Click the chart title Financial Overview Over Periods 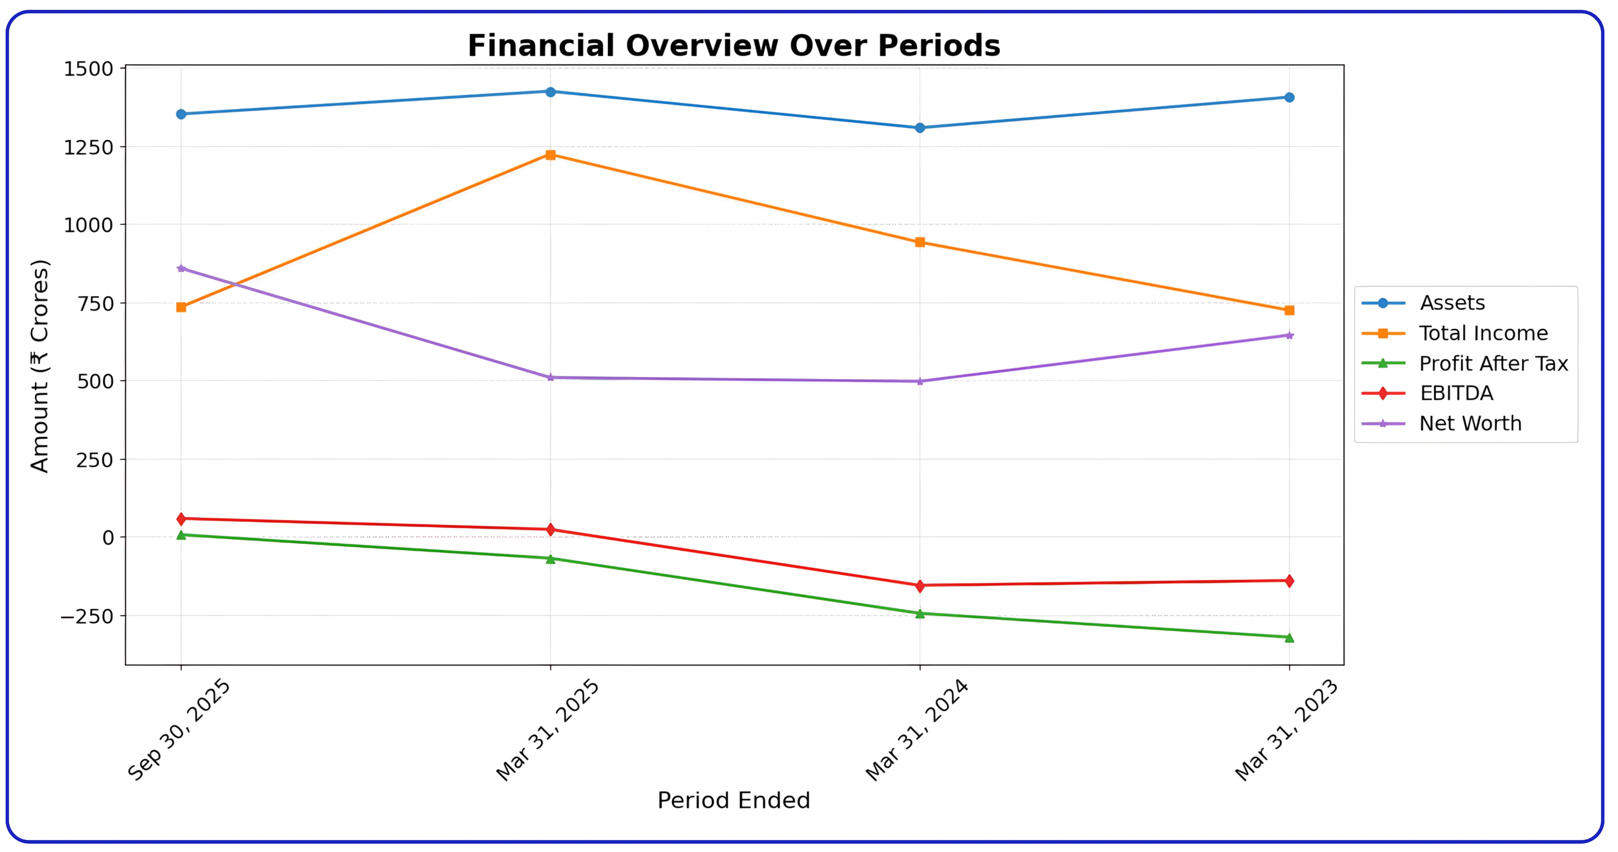click(x=734, y=46)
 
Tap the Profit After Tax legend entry click(x=1493, y=363)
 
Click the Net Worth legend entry click(x=1470, y=424)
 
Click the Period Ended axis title click(x=734, y=801)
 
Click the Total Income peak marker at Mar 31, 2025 click(x=550, y=155)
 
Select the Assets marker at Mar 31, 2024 click(x=919, y=128)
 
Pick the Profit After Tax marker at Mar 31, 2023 click(x=1289, y=637)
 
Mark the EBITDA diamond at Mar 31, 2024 click(x=919, y=585)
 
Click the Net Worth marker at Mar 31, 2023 click(x=1289, y=335)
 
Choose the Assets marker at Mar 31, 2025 click(x=550, y=92)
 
